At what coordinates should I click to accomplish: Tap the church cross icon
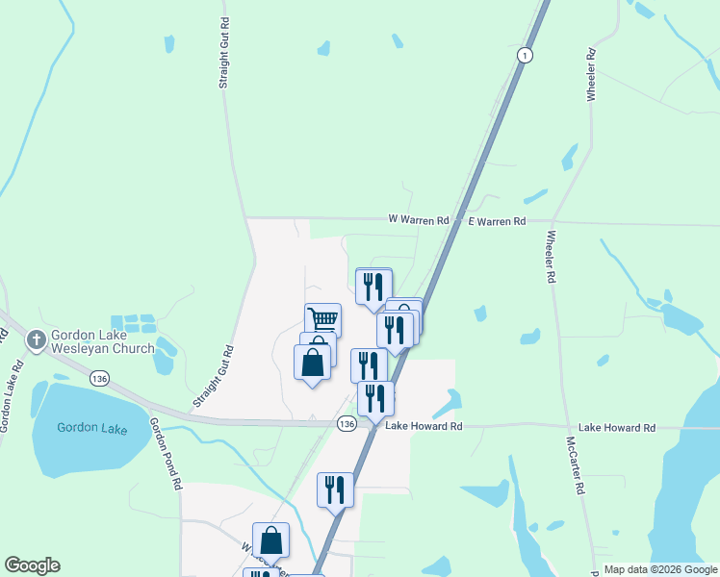point(37,339)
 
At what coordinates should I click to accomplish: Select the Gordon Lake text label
point(91,428)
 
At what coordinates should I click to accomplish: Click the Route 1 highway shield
point(524,55)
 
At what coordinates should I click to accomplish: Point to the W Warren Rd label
point(419,220)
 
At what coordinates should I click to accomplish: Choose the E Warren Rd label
point(497,221)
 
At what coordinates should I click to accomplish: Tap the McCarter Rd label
point(576,464)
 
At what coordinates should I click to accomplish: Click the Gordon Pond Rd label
point(166,455)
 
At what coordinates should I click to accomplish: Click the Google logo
point(32,565)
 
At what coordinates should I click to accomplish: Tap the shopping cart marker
point(323,318)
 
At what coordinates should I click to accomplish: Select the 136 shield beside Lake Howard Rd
point(347,424)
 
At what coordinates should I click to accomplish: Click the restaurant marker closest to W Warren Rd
point(373,286)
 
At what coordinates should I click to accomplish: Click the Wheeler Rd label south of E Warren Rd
point(550,257)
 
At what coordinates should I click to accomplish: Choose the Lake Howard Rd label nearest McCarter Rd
point(616,427)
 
